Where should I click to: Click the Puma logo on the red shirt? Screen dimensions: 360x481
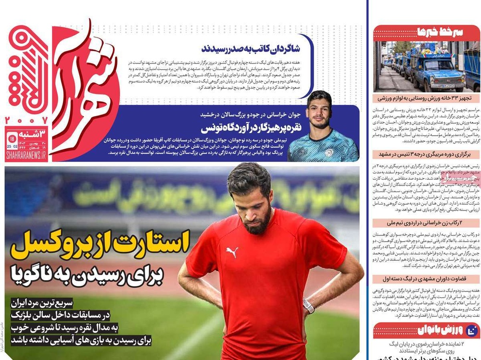pyautogui.click(x=232, y=252)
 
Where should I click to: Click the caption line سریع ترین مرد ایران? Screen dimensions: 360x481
pyautogui.click(x=42, y=304)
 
